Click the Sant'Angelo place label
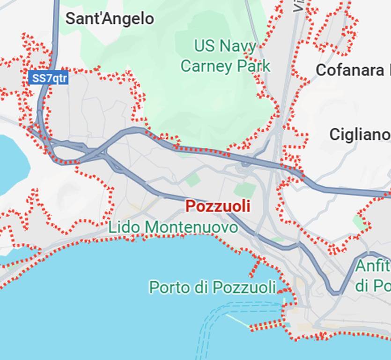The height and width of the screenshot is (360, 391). point(110,19)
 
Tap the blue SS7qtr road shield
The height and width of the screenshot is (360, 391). point(48,78)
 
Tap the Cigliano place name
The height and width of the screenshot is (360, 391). point(359,135)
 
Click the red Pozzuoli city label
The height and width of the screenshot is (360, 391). point(218,206)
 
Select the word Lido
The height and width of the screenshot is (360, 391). point(125,227)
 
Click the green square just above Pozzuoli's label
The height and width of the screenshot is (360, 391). point(245,190)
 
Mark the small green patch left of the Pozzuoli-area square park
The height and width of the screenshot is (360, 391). point(192,180)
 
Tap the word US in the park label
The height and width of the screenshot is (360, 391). point(203,46)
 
